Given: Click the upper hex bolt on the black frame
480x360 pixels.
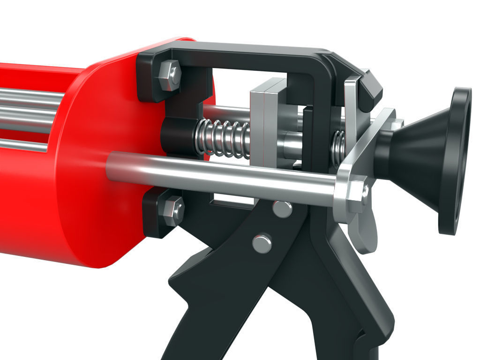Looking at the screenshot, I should pyautogui.click(x=170, y=75).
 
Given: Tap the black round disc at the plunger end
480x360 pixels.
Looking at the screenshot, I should pyautogui.click(x=455, y=159).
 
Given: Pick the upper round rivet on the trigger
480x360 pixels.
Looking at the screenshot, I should pyautogui.click(x=282, y=208).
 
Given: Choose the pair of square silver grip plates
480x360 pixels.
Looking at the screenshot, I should pyautogui.click(x=267, y=122).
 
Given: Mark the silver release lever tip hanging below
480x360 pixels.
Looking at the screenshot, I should pyautogui.click(x=366, y=234).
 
